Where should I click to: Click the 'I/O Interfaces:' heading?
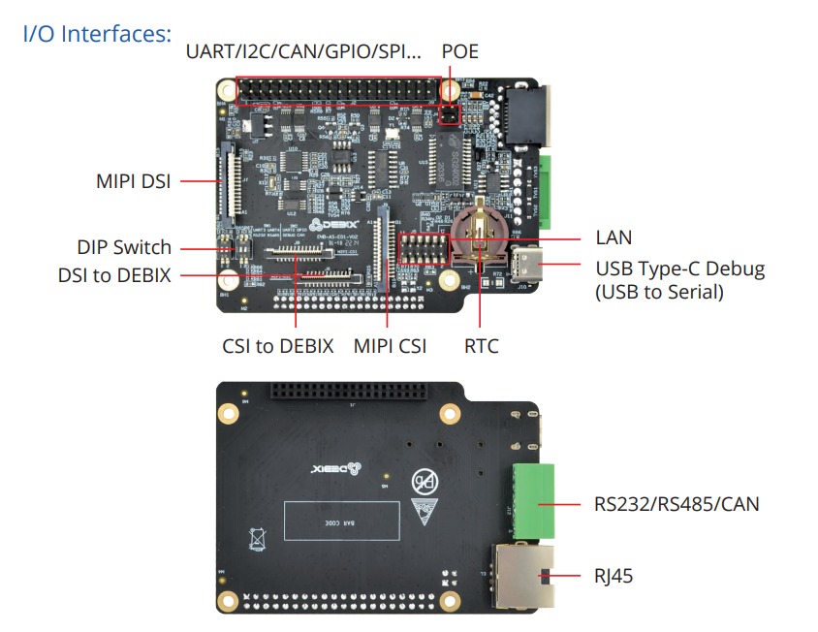pyautogui.click(x=97, y=34)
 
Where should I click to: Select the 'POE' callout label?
pyautogui.click(x=459, y=50)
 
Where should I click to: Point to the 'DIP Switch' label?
pyautogui.click(x=124, y=247)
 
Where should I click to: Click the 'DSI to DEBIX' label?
pyautogui.click(x=114, y=275)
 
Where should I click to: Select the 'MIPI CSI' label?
pyautogui.click(x=390, y=346)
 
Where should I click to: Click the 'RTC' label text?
pyautogui.click(x=481, y=346)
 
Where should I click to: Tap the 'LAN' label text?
pyautogui.click(x=613, y=237)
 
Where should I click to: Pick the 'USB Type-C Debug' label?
pyautogui.click(x=679, y=269)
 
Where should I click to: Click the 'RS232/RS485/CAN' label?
pyautogui.click(x=676, y=504)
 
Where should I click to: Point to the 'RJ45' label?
pyautogui.click(x=614, y=577)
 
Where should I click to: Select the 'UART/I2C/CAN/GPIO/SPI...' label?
pyautogui.click(x=304, y=50)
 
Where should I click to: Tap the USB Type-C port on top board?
pyautogui.click(x=531, y=263)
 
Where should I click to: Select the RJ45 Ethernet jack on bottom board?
pyautogui.click(x=523, y=576)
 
